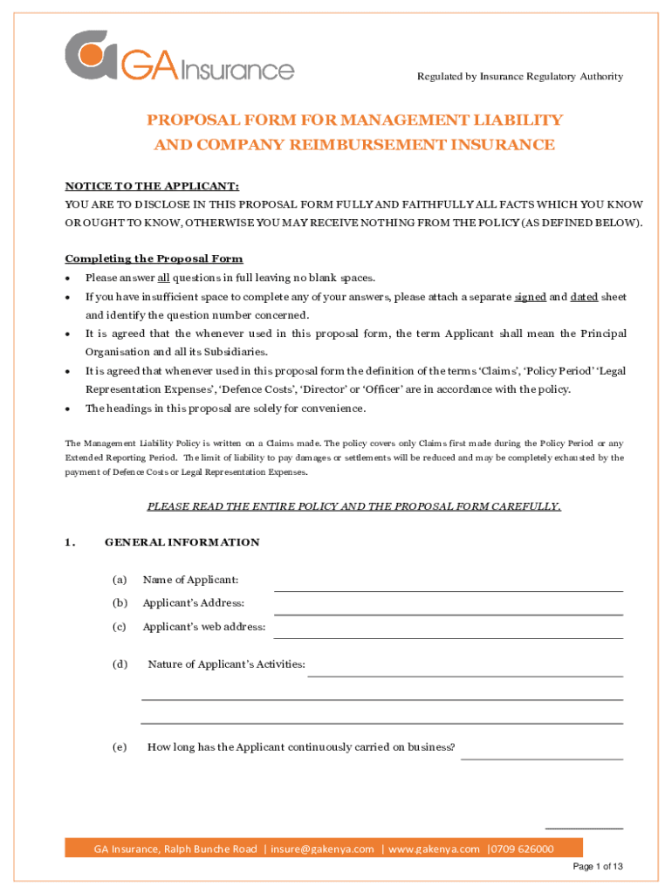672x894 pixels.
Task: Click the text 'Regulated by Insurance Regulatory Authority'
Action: [x=520, y=77]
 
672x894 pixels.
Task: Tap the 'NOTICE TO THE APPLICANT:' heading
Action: [x=152, y=187]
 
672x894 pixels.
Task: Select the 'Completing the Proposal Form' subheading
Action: [x=154, y=258]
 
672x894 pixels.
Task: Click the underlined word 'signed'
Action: [x=530, y=297]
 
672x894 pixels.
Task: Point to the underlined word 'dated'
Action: [x=584, y=297]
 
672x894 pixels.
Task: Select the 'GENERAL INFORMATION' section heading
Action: [x=182, y=542]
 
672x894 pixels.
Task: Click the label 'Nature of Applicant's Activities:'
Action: [x=227, y=665]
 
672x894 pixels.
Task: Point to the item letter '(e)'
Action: [x=119, y=747]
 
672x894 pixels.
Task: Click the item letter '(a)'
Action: [x=119, y=581]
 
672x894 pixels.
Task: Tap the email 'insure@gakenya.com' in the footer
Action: [x=322, y=849]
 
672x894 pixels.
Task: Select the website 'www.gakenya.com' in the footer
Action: [x=434, y=849]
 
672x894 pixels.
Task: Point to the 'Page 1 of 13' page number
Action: [x=597, y=867]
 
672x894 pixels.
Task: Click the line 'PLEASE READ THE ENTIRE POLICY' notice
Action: [x=353, y=506]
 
